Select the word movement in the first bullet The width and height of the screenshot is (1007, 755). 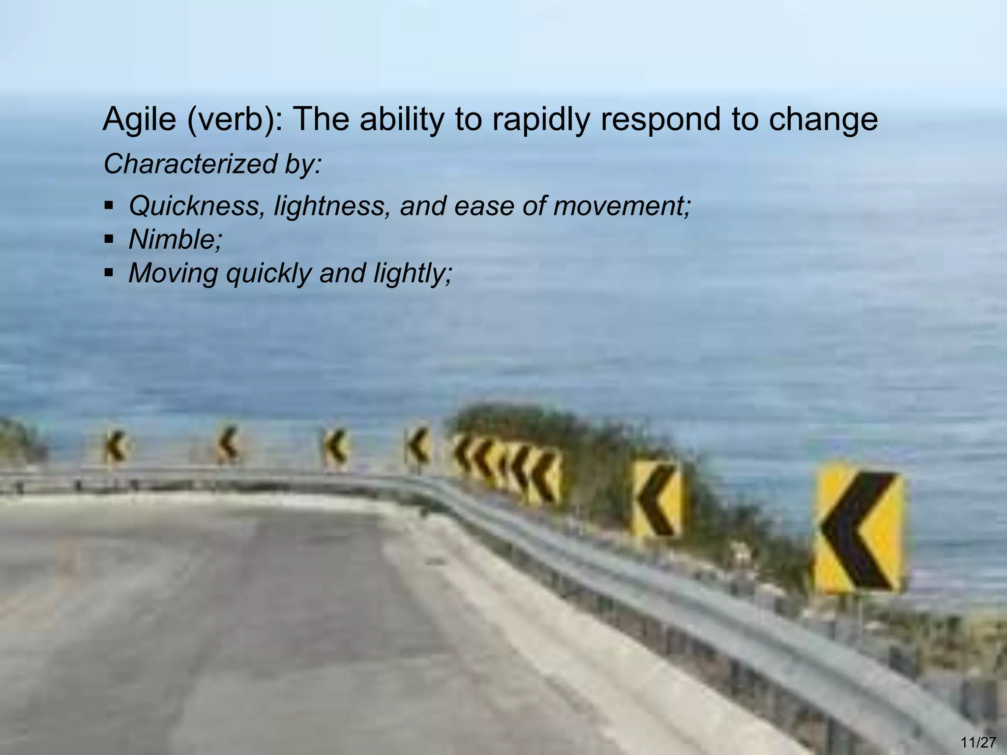[x=622, y=205]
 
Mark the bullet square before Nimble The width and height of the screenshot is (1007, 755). [x=109, y=240]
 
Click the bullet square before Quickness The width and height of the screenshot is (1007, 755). [x=109, y=205]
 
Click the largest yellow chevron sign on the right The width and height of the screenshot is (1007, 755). [x=858, y=530]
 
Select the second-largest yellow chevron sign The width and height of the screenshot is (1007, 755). [x=657, y=499]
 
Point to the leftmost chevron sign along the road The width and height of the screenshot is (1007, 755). [x=115, y=446]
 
